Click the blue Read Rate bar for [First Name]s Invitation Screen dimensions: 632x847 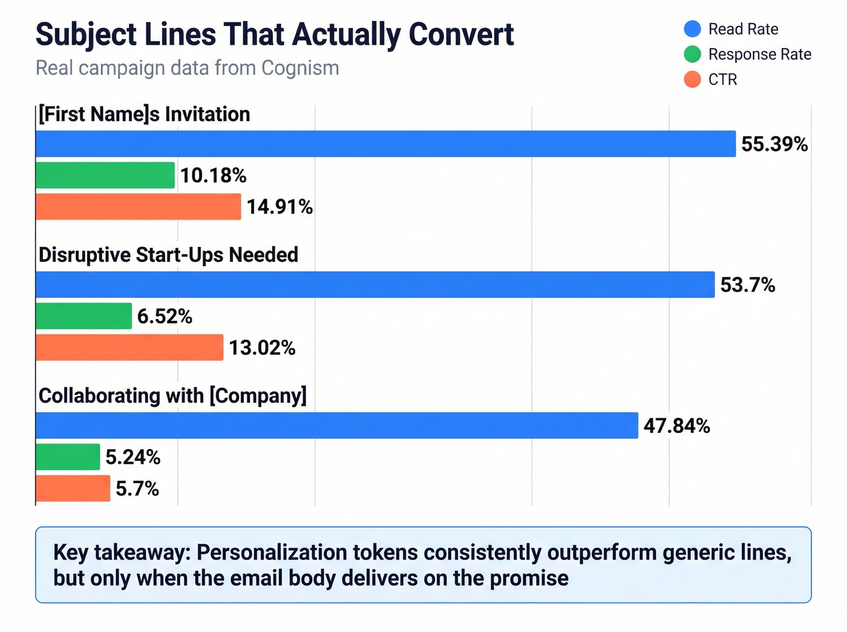tap(385, 144)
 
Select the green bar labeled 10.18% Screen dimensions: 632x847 tap(105, 175)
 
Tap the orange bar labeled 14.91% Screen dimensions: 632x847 tap(138, 207)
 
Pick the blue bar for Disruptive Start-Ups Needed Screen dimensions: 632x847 tap(375, 285)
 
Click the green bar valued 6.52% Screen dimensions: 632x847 tap(83, 316)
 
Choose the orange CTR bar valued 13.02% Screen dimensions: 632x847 tap(129, 348)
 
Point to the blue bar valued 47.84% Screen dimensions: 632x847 tap(337, 426)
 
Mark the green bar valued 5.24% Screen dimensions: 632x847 tap(68, 457)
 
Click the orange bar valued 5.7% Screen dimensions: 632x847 tap(73, 489)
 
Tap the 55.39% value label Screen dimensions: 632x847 tap(774, 145)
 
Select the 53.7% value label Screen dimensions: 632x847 tap(748, 285)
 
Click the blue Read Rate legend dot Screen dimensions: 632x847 tap(692, 29)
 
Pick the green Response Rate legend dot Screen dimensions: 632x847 tap(692, 54)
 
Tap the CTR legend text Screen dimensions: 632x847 tap(722, 80)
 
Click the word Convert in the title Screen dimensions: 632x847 tap(461, 34)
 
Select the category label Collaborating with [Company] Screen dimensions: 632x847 tap(172, 396)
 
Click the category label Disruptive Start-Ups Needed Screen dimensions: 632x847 tap(168, 255)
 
